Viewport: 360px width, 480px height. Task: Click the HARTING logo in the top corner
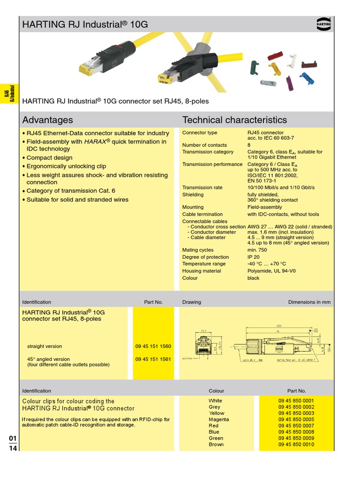(323, 23)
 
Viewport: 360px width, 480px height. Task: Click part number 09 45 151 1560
(153, 346)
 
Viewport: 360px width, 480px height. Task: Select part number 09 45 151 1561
(153, 359)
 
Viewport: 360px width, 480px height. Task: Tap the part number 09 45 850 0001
(296, 401)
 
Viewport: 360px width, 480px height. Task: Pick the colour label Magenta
(219, 420)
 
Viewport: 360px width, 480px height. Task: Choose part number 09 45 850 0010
(296, 444)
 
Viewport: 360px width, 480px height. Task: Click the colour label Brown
(216, 444)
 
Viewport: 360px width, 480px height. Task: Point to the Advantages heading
(48, 120)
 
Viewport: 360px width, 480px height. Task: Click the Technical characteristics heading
(234, 120)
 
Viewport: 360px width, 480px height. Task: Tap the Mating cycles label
(198, 250)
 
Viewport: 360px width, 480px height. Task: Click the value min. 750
(257, 250)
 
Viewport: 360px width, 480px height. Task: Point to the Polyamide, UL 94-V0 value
(271, 271)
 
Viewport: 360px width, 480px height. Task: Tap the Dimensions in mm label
(309, 302)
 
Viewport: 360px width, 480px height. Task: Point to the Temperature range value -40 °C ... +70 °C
(266, 264)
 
